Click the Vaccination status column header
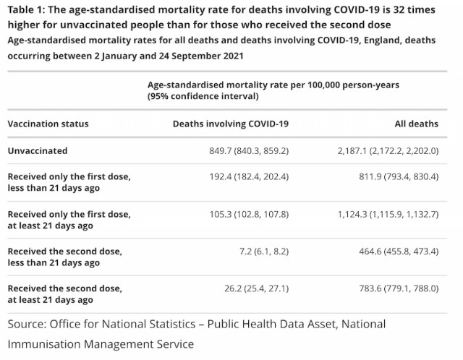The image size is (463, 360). click(x=48, y=124)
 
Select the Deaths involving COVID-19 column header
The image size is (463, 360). click(x=231, y=124)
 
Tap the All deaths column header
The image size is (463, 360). click(x=417, y=124)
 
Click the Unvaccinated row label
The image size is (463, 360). click(x=38, y=151)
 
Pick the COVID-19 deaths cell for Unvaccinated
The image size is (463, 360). click(x=249, y=151)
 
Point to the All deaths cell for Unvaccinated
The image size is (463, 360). click(x=388, y=151)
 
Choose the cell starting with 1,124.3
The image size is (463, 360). click(x=388, y=214)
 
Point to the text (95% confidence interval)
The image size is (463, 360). click(x=203, y=96)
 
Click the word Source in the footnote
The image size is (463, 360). click(x=27, y=324)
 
